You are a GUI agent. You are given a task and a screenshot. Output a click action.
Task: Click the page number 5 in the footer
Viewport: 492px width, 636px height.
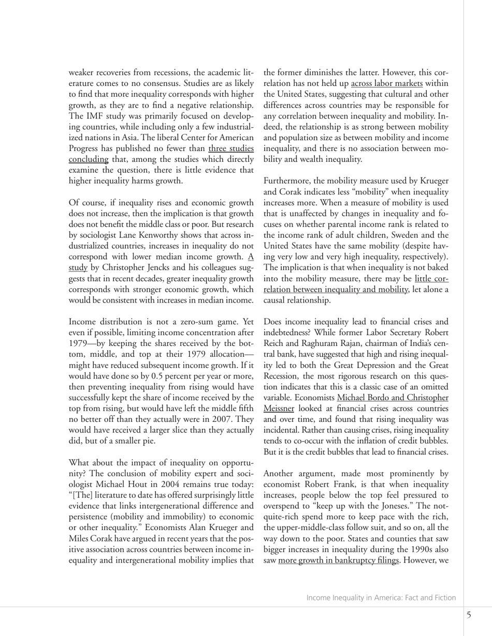(469, 615)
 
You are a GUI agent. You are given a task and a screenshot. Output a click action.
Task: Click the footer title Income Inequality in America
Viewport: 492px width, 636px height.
(381, 598)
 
